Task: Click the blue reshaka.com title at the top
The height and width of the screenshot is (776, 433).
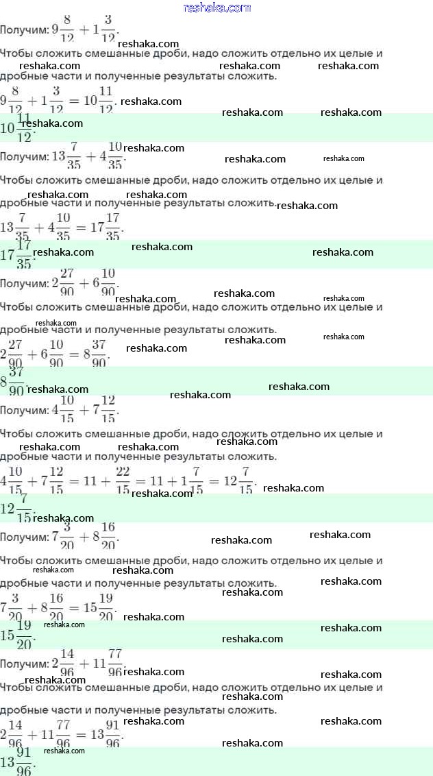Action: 217,8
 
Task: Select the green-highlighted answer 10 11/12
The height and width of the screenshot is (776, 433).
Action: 17,128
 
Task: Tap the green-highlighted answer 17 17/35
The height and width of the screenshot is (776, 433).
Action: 17,254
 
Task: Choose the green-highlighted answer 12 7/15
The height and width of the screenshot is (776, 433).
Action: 17,508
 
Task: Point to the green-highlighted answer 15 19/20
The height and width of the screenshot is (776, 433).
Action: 17,635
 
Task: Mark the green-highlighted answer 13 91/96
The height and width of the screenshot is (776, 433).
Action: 17,762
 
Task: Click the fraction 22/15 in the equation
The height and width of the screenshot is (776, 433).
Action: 124,481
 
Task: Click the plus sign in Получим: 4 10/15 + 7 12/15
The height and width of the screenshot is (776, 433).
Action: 85,411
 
